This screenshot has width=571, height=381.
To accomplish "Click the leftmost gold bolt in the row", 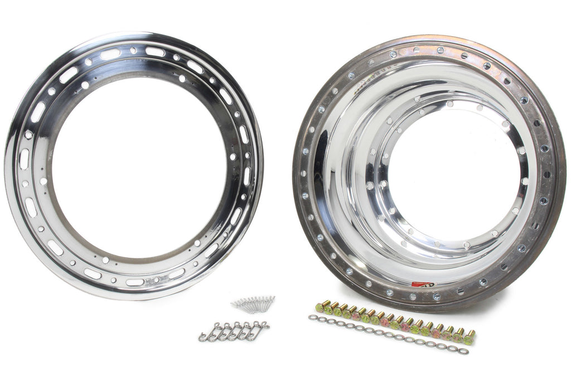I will (320, 307).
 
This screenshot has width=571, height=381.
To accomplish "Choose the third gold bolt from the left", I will (337, 311).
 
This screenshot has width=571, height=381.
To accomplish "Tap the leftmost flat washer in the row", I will (312, 318).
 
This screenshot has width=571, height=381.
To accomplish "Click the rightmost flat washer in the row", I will (464, 352).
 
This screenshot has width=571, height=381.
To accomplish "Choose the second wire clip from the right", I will (249, 330).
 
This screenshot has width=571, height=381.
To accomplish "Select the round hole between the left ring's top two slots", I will (133, 50).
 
